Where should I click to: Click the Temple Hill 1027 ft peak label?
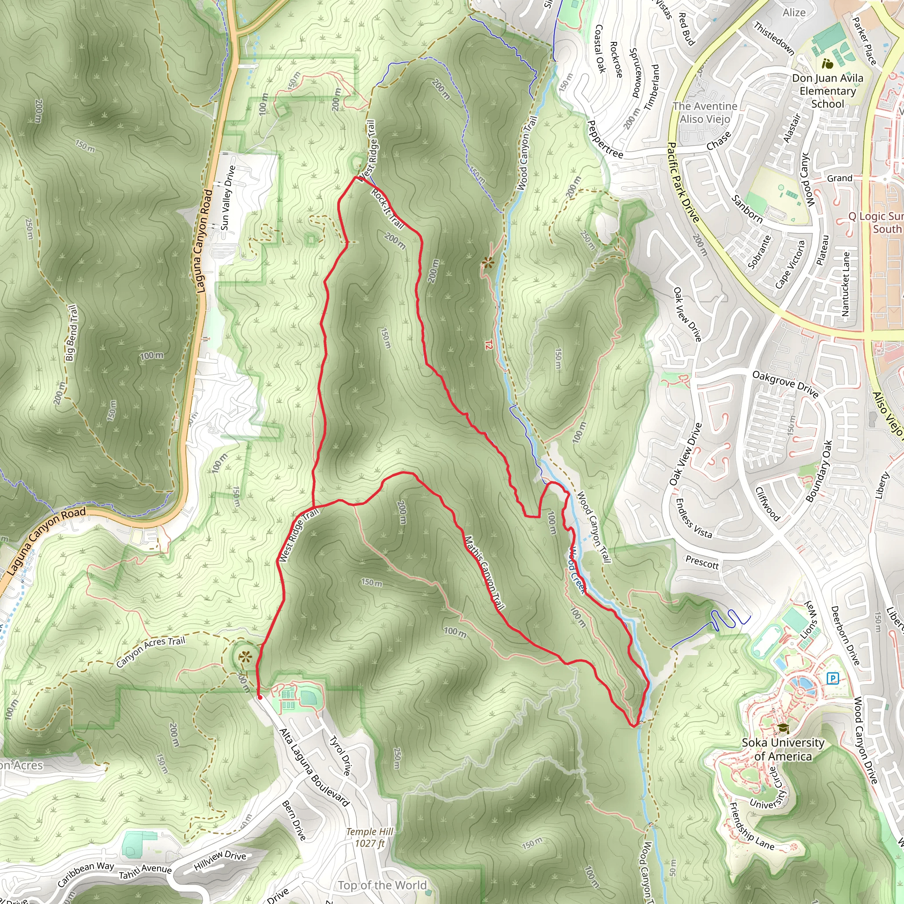point(369,837)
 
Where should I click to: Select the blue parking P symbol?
point(832,678)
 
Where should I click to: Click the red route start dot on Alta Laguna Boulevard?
point(260,697)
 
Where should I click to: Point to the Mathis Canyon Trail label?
point(484,573)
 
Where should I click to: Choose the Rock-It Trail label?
point(388,208)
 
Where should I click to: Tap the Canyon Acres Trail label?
point(151,652)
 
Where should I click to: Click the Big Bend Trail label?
point(72,333)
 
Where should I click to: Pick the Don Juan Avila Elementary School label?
point(827,91)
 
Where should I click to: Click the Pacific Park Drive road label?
point(683,182)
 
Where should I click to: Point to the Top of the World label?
point(382,885)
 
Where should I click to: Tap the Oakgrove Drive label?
point(785,384)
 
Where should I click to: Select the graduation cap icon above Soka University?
point(783,728)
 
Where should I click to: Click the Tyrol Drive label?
point(340,755)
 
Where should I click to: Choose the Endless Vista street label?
point(693,519)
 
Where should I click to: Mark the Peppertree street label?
point(605,139)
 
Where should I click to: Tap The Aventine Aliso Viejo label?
point(704,113)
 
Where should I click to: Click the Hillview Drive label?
point(220,860)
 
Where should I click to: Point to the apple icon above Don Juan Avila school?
point(827,63)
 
